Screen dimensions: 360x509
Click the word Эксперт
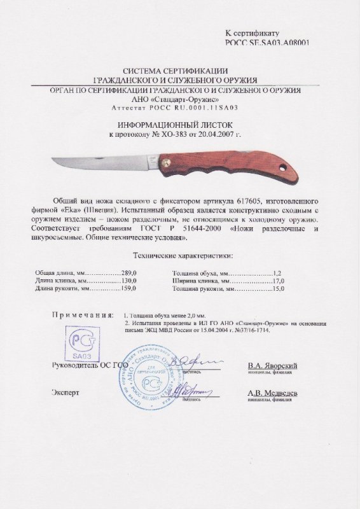pyautogui.click(x=66, y=394)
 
